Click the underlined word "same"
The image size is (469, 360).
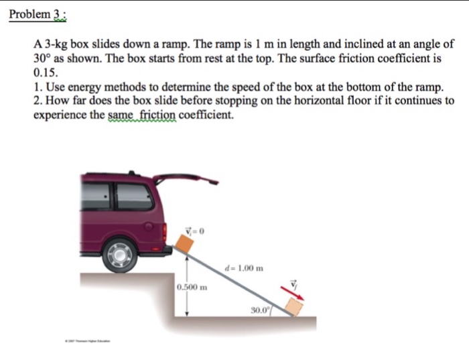tap(122, 115)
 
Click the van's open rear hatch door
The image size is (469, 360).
tap(186, 179)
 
